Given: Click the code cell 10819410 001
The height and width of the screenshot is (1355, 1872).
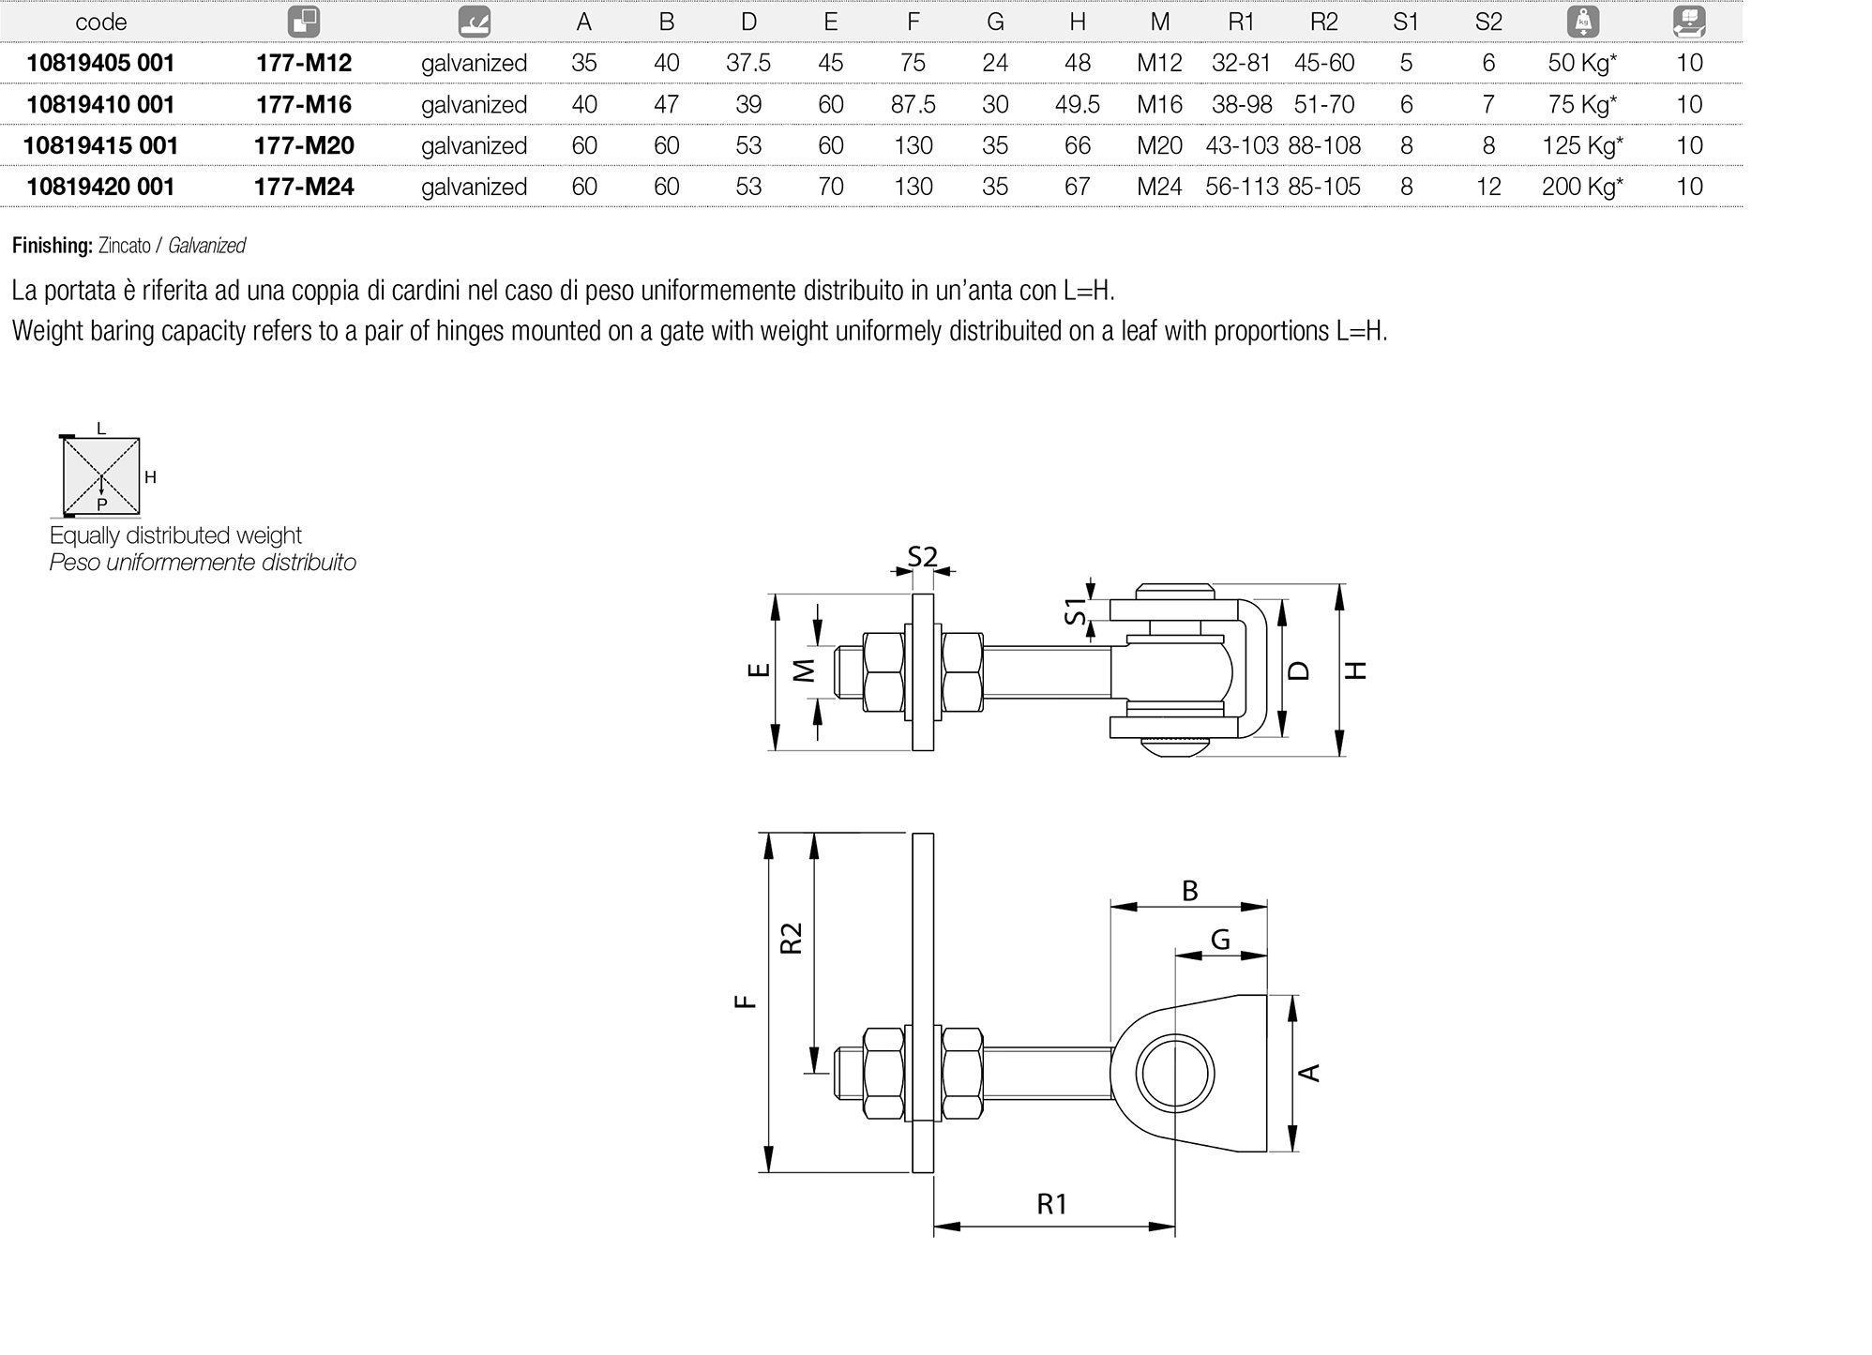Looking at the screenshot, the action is (x=100, y=104).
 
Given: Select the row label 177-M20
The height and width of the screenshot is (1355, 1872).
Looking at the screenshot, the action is (x=304, y=145).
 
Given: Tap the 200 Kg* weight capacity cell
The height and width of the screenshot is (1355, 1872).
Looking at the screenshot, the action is (x=1581, y=187).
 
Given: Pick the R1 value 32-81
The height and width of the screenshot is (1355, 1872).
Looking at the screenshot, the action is (x=1241, y=63).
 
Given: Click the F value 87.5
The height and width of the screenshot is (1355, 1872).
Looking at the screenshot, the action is (x=913, y=104).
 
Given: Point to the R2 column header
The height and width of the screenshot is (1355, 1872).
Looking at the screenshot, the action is (x=1323, y=22).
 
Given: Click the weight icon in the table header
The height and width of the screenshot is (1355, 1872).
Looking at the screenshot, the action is (x=1582, y=22).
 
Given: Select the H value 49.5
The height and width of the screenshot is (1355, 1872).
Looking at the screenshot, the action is (x=1077, y=104).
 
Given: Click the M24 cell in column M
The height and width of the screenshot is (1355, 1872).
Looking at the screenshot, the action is (x=1159, y=187).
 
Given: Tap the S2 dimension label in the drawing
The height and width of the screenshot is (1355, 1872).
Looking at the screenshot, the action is (x=922, y=557).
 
